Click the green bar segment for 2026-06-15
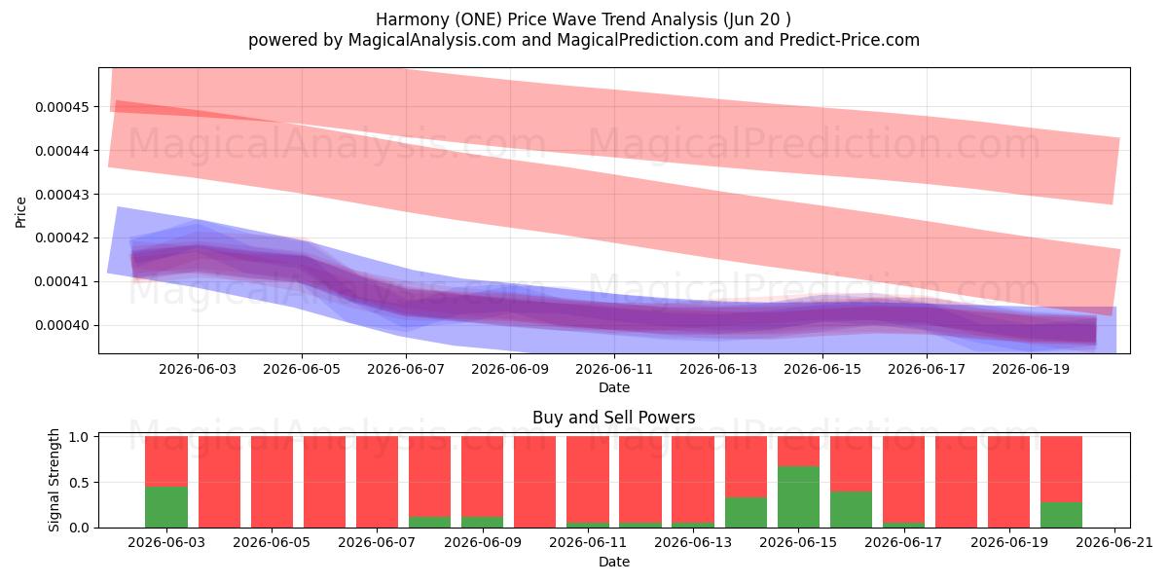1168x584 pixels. click(798, 497)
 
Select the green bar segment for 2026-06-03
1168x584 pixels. click(166, 507)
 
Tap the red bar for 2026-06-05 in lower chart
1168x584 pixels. click(272, 482)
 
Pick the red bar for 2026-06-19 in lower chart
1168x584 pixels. click(1009, 482)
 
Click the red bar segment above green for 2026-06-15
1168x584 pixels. click(798, 451)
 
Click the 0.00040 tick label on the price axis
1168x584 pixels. click(62, 325)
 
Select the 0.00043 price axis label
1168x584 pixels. click(62, 195)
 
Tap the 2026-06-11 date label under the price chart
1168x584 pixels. click(614, 369)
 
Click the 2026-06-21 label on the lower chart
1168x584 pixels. click(1114, 542)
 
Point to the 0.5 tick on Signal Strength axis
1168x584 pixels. click(79, 483)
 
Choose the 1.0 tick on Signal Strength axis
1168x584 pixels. click(79, 437)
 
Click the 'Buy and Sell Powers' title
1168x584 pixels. click(614, 418)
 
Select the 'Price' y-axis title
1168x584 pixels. click(20, 212)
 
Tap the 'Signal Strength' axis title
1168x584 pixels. click(55, 480)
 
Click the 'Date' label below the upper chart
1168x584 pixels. click(614, 387)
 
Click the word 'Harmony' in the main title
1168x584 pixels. click(413, 19)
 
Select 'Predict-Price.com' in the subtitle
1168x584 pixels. click(850, 40)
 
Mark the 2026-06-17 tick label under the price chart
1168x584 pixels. click(927, 369)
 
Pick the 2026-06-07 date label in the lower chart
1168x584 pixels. click(377, 542)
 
